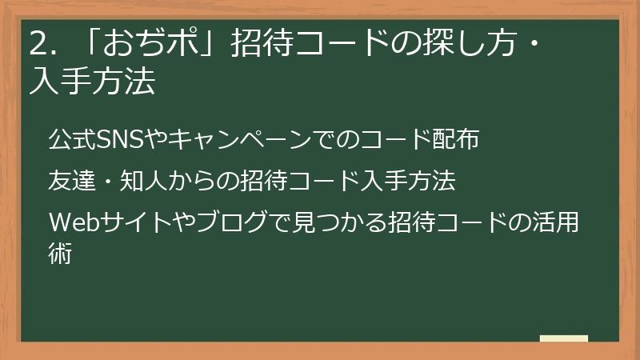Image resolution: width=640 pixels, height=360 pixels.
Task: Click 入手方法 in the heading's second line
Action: tap(91, 82)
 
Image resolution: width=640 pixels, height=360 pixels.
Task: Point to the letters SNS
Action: tap(118, 139)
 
